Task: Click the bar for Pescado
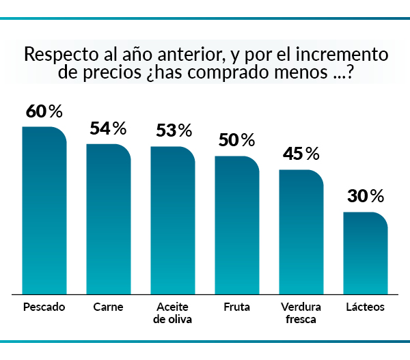[x=44, y=210]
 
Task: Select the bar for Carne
[x=108, y=219]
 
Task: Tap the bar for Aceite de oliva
[x=172, y=220]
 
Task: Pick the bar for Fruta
[x=236, y=225]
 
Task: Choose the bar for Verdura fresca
[x=301, y=232]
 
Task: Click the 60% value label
[x=44, y=111]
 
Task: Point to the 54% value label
[x=108, y=128]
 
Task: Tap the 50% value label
[x=236, y=141]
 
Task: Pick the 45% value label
[x=301, y=154]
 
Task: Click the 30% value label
[x=366, y=197]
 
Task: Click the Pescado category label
[x=44, y=307]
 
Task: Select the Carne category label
[x=108, y=307]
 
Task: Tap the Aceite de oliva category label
[x=172, y=313]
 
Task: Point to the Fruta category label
[x=236, y=307]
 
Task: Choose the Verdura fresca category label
[x=301, y=313]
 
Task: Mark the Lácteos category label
[x=365, y=307]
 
